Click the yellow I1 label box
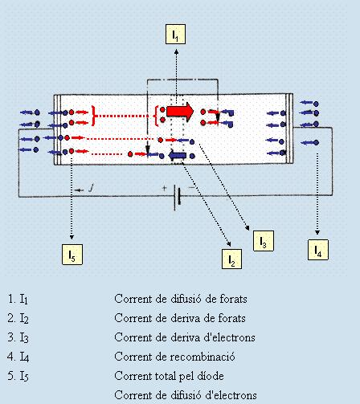pyautogui.click(x=175, y=34)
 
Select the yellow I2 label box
pyautogui.click(x=231, y=259)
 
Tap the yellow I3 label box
pyautogui.click(x=264, y=241)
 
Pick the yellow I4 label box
pyautogui.click(x=318, y=250)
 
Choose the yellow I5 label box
pyautogui.click(x=72, y=255)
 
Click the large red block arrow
pyautogui.click(x=180, y=112)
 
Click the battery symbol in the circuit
pyautogui.click(x=177, y=198)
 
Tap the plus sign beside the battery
pyautogui.click(x=164, y=188)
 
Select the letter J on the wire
pyautogui.click(x=92, y=188)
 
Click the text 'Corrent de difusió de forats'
pyautogui.click(x=181, y=299)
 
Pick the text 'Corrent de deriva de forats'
pyautogui.click(x=180, y=318)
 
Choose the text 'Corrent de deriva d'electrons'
pyautogui.click(x=185, y=337)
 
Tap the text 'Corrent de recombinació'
pyautogui.click(x=174, y=357)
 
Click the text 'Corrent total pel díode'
pyautogui.click(x=169, y=376)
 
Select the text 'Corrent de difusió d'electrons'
pyautogui.click(x=186, y=395)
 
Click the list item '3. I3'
pyautogui.click(x=18, y=338)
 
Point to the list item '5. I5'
pyautogui.click(x=18, y=377)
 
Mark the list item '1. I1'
pyautogui.click(x=18, y=300)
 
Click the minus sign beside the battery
pyautogui.click(x=192, y=188)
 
